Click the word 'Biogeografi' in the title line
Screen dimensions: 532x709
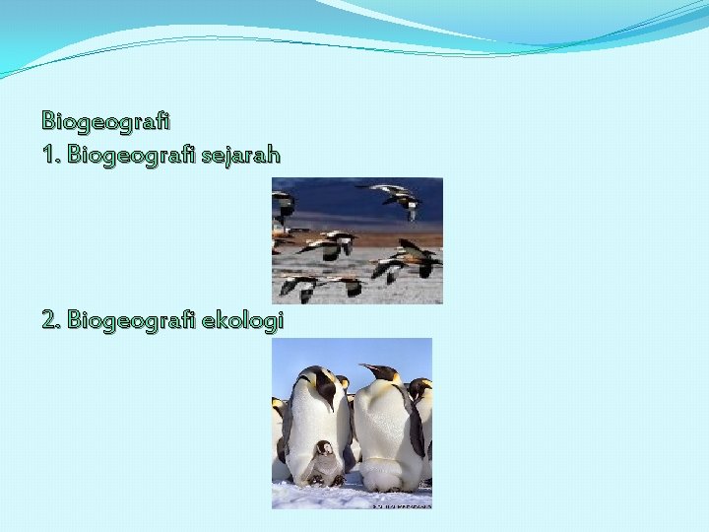point(106,121)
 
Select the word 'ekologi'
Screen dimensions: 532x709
point(242,320)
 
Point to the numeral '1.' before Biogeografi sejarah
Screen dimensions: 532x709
point(51,155)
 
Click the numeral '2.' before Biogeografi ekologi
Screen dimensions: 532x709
point(52,320)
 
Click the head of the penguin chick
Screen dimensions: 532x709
point(324,448)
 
